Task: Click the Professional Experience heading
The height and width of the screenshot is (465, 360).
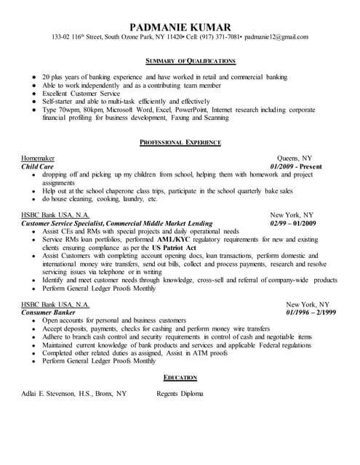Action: [180, 142]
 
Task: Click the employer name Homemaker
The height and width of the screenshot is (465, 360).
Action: [38, 158]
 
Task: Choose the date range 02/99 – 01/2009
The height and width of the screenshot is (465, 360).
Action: [291, 224]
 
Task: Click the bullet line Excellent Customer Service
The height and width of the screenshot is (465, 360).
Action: [79, 93]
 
